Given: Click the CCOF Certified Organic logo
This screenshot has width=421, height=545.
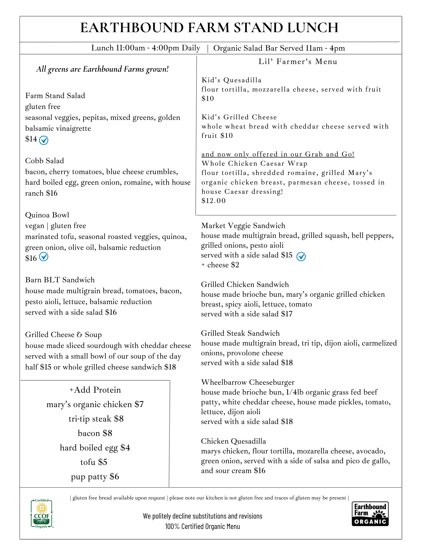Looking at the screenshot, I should tap(42, 513).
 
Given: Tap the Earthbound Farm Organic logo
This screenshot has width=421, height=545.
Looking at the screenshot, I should tap(370, 514).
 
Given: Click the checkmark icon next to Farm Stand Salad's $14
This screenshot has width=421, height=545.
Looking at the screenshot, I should tap(44, 140).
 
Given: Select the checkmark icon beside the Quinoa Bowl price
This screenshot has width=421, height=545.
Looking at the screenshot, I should tap(44, 257).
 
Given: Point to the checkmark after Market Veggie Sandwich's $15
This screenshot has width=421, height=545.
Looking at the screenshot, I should tap(301, 256).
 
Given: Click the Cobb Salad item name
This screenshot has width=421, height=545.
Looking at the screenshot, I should tap(44, 161).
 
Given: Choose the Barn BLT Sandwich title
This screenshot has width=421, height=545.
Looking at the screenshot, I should tap(60, 280).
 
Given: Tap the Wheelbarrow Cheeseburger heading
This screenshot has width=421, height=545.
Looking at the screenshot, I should tap(247, 382).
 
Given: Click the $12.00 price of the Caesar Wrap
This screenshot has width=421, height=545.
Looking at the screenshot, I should tap(213, 201).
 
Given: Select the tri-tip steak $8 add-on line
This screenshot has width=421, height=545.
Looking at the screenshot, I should tap(96, 419).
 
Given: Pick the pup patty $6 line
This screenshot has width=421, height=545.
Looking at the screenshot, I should tap(95, 477).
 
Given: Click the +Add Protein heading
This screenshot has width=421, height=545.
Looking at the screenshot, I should tap(95, 390).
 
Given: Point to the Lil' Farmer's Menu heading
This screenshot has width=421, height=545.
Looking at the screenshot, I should tap(298, 62).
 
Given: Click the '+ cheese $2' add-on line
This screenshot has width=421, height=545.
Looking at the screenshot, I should tap(220, 265).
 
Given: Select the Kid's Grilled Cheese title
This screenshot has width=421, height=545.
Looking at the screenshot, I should tap(239, 117).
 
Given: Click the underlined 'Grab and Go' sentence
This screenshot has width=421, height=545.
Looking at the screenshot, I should tap(278, 154).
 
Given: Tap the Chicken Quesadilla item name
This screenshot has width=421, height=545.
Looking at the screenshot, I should tap(233, 441).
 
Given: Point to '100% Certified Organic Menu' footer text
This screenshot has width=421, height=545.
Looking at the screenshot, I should tap(202, 526).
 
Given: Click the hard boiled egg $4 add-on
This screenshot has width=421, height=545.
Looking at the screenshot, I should tap(95, 448).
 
